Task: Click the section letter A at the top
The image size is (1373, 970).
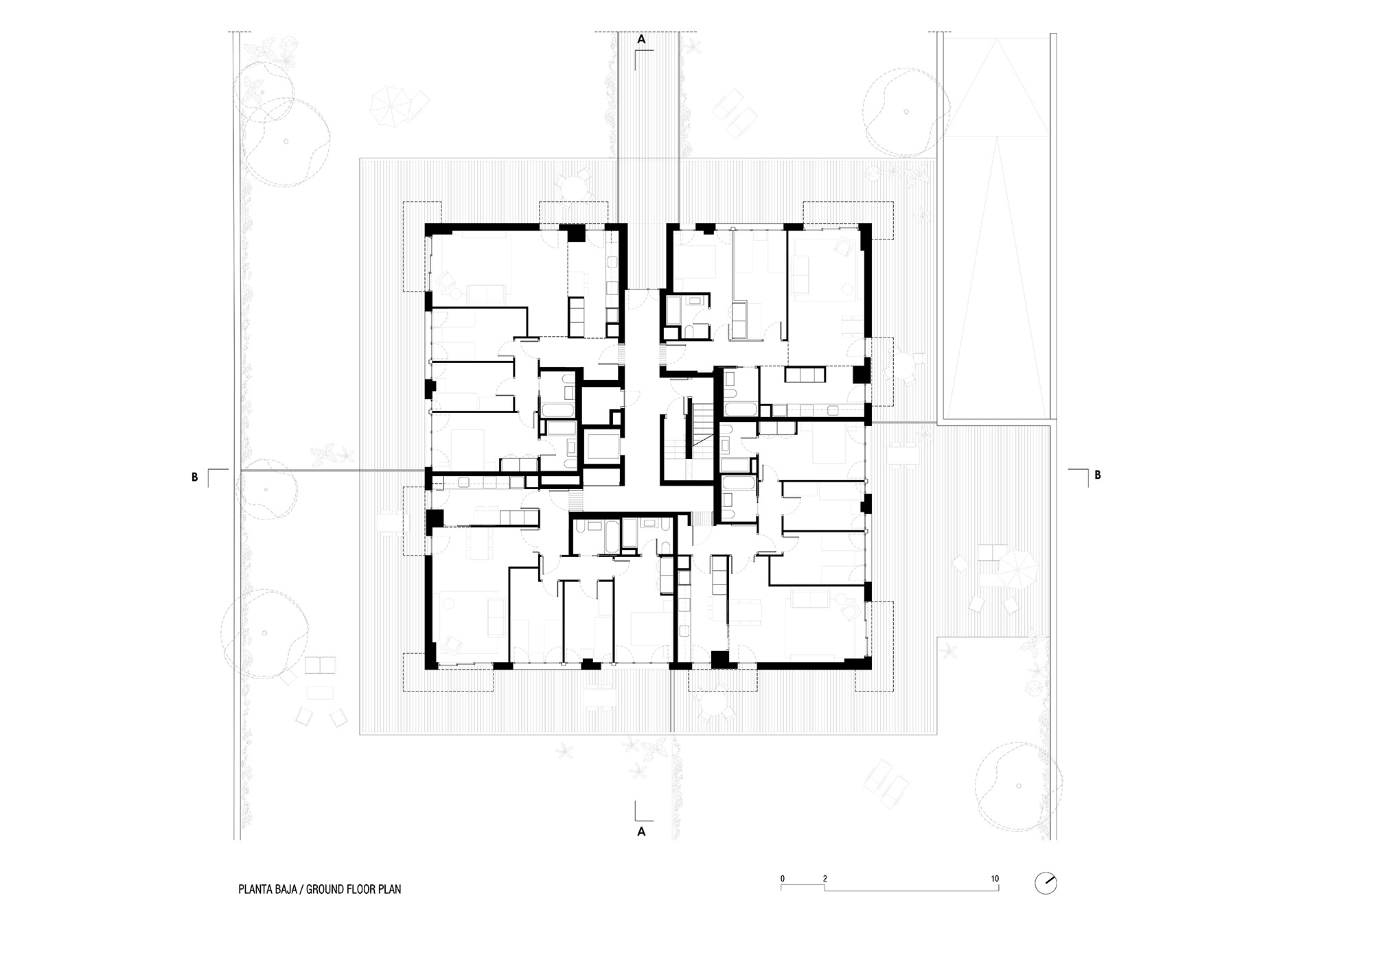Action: point(642,40)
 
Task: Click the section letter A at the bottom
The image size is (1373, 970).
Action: point(642,831)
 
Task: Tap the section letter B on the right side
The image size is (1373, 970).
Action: point(1098,475)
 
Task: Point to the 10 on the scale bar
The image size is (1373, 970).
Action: point(995,879)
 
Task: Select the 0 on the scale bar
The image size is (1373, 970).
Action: point(782,879)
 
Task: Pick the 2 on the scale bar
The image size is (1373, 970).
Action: point(824,879)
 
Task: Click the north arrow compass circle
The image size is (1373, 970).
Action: point(1046,884)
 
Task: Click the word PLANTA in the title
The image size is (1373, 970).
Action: point(254,890)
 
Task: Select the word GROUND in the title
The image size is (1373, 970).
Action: point(327,890)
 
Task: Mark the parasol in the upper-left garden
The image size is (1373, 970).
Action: point(390,104)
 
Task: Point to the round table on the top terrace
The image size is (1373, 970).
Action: point(573,185)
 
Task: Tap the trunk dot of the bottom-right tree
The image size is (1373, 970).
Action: point(1015,785)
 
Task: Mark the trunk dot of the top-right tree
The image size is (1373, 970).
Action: point(905,112)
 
